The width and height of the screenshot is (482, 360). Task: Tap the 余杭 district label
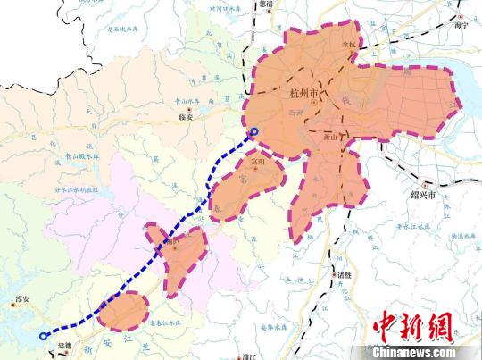click(x=349, y=42)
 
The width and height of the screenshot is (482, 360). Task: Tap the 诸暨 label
click(x=345, y=275)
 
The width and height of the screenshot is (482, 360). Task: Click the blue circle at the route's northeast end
click(x=253, y=133)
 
